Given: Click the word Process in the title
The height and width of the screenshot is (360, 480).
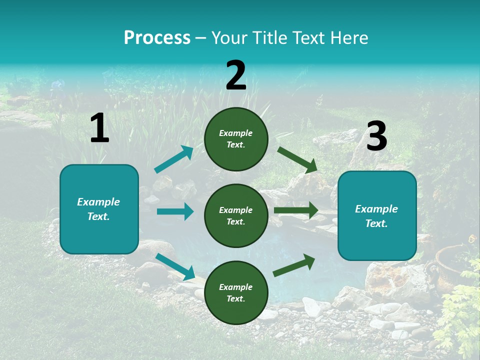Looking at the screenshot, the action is [x=157, y=38].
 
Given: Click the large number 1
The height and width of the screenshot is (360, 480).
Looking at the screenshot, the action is [x=99, y=127].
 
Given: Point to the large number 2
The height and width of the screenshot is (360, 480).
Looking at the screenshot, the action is [x=236, y=74].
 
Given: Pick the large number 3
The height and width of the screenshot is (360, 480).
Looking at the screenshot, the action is [x=377, y=135].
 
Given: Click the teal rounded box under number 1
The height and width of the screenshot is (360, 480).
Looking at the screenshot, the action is [x=99, y=209].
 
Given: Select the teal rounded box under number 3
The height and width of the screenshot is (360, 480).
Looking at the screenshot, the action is [x=377, y=216].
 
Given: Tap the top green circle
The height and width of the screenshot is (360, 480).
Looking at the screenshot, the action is [x=236, y=139].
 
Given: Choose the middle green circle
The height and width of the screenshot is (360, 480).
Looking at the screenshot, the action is [x=236, y=216].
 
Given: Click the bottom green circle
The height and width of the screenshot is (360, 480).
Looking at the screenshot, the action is [x=236, y=292].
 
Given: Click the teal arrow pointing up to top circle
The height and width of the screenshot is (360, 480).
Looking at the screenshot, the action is [x=174, y=159].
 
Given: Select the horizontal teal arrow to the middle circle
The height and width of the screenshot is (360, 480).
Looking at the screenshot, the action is [x=175, y=211].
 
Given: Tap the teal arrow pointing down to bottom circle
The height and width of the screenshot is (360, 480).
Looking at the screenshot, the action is [x=175, y=266].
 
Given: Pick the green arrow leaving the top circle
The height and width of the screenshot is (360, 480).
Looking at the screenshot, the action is [x=297, y=160].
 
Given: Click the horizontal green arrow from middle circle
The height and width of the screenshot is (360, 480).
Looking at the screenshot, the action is [x=296, y=210].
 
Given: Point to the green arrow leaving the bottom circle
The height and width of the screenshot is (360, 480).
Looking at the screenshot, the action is [x=294, y=265].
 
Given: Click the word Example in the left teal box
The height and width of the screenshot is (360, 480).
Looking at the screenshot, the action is [x=98, y=202].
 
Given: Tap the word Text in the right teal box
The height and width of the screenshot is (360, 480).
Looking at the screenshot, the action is [x=376, y=223].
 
